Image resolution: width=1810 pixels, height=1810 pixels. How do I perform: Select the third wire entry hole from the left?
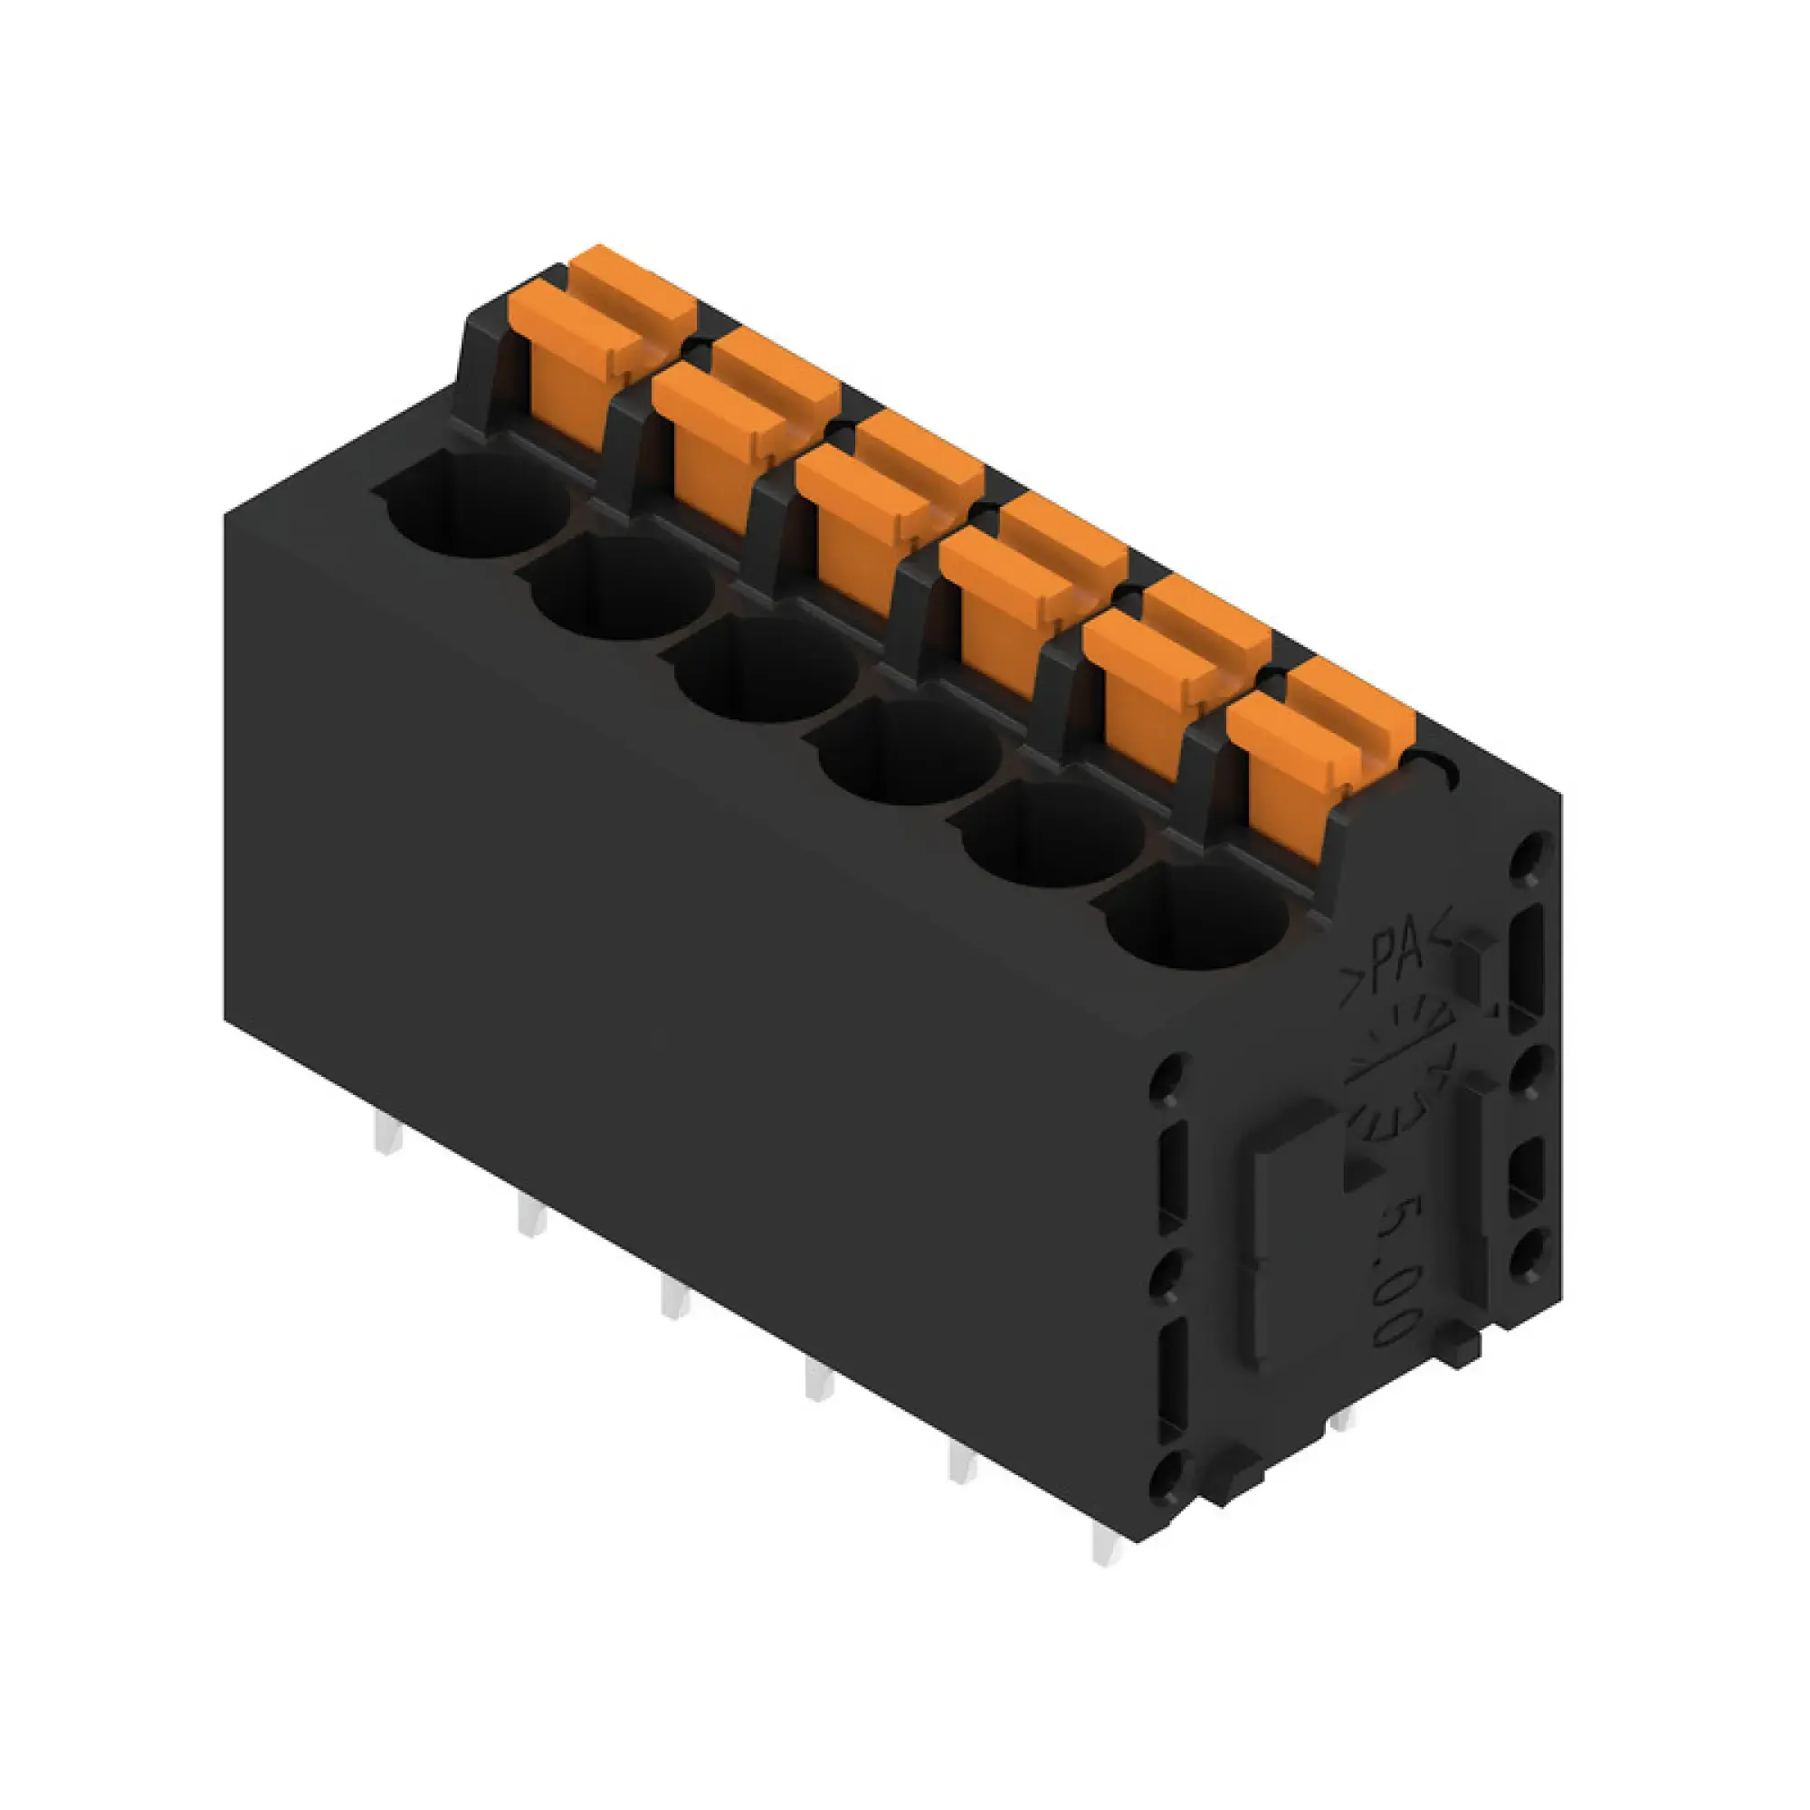[767, 671]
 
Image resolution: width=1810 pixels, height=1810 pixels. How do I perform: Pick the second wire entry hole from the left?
[622, 588]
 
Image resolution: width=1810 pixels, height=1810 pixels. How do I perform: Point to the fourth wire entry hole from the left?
[910, 752]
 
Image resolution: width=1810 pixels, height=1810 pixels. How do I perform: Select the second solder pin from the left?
[531, 1217]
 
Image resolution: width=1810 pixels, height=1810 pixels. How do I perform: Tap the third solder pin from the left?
[674, 1299]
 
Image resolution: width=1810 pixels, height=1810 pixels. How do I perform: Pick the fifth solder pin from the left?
[962, 1462]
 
